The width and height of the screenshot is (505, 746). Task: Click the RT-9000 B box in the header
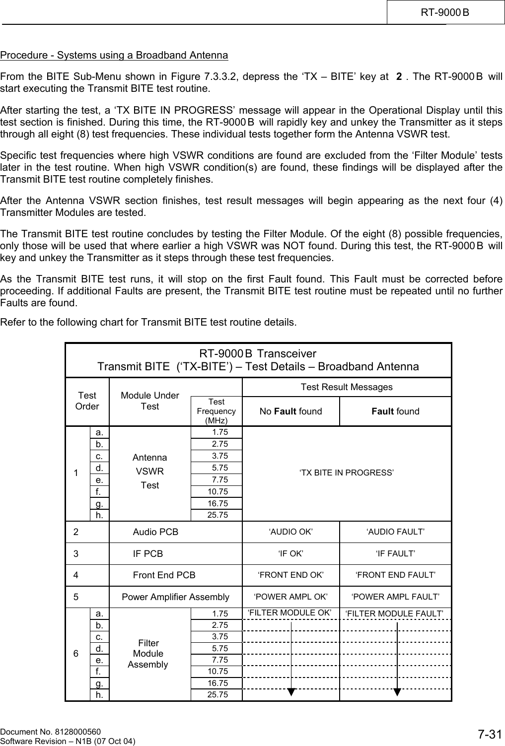445,12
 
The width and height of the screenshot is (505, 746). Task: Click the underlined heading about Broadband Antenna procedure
114,55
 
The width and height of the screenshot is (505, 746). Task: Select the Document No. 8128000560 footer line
51,732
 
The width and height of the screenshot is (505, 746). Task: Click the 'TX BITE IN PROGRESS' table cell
347,473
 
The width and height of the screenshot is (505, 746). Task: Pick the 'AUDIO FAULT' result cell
395,532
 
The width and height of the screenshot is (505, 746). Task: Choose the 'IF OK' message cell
291,553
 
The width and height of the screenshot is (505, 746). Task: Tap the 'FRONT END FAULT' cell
395,575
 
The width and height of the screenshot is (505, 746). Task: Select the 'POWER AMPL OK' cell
291,597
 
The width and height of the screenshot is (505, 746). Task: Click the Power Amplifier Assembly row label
176,597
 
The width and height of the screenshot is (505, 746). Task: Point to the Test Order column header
87,401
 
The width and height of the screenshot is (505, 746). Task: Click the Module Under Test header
150,401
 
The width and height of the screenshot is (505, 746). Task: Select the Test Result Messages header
347,387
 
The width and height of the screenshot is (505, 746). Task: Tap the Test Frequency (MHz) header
216,411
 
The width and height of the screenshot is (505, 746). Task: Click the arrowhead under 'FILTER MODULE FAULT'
397,692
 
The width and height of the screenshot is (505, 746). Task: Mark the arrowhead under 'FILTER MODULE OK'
291,692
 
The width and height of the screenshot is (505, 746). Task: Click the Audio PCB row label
155,532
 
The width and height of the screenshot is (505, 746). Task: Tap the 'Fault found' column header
395,411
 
